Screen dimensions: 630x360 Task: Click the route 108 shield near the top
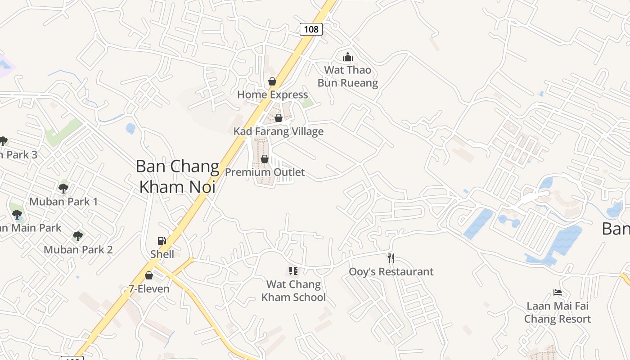[x=311, y=29]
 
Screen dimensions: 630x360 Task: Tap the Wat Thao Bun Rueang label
[x=348, y=76]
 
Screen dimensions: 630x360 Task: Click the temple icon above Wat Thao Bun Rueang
[x=348, y=57]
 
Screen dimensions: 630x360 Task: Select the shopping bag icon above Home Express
[x=272, y=81]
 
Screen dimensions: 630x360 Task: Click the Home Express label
[x=272, y=94]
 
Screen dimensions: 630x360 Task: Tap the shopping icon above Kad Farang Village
[x=279, y=118]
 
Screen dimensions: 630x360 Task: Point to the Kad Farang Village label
[x=279, y=131]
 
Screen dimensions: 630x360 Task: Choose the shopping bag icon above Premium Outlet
[x=265, y=159]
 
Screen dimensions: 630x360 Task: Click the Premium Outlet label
[x=265, y=172]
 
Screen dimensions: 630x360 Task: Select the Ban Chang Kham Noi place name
[x=177, y=176]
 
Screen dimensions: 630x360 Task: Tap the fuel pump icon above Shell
[x=162, y=241]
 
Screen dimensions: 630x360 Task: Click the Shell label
[x=162, y=254]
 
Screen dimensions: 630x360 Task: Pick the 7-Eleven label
[x=149, y=289]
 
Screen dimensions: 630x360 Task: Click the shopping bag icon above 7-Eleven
[x=149, y=275]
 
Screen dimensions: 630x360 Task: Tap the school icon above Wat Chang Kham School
[x=293, y=271]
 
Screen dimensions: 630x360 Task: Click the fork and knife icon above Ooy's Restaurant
[x=391, y=258]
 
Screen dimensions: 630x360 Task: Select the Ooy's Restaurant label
[x=391, y=272]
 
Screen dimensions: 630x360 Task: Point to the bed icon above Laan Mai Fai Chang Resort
[x=558, y=292]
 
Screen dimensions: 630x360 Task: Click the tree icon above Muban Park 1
[x=63, y=188]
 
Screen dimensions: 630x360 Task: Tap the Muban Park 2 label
[x=78, y=249]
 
